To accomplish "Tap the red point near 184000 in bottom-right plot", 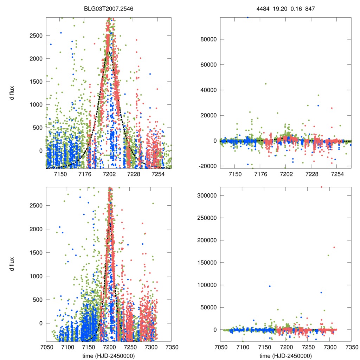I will [334, 247].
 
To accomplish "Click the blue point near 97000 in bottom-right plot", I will [270, 286].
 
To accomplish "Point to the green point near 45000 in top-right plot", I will [266, 84].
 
